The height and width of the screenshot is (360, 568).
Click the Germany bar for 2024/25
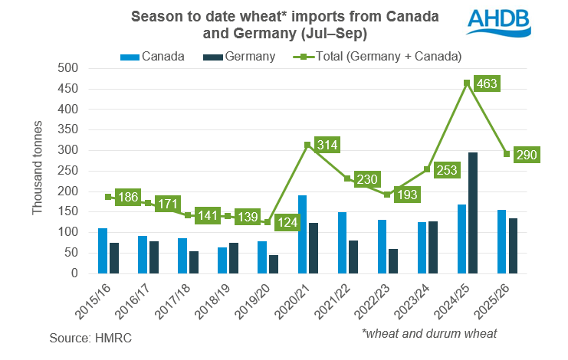(472, 212)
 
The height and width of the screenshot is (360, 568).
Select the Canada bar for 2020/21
(302, 234)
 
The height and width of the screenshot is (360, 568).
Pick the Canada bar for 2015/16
(103, 250)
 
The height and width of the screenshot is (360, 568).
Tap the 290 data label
(528, 155)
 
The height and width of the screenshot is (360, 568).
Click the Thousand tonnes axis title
(38, 170)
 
